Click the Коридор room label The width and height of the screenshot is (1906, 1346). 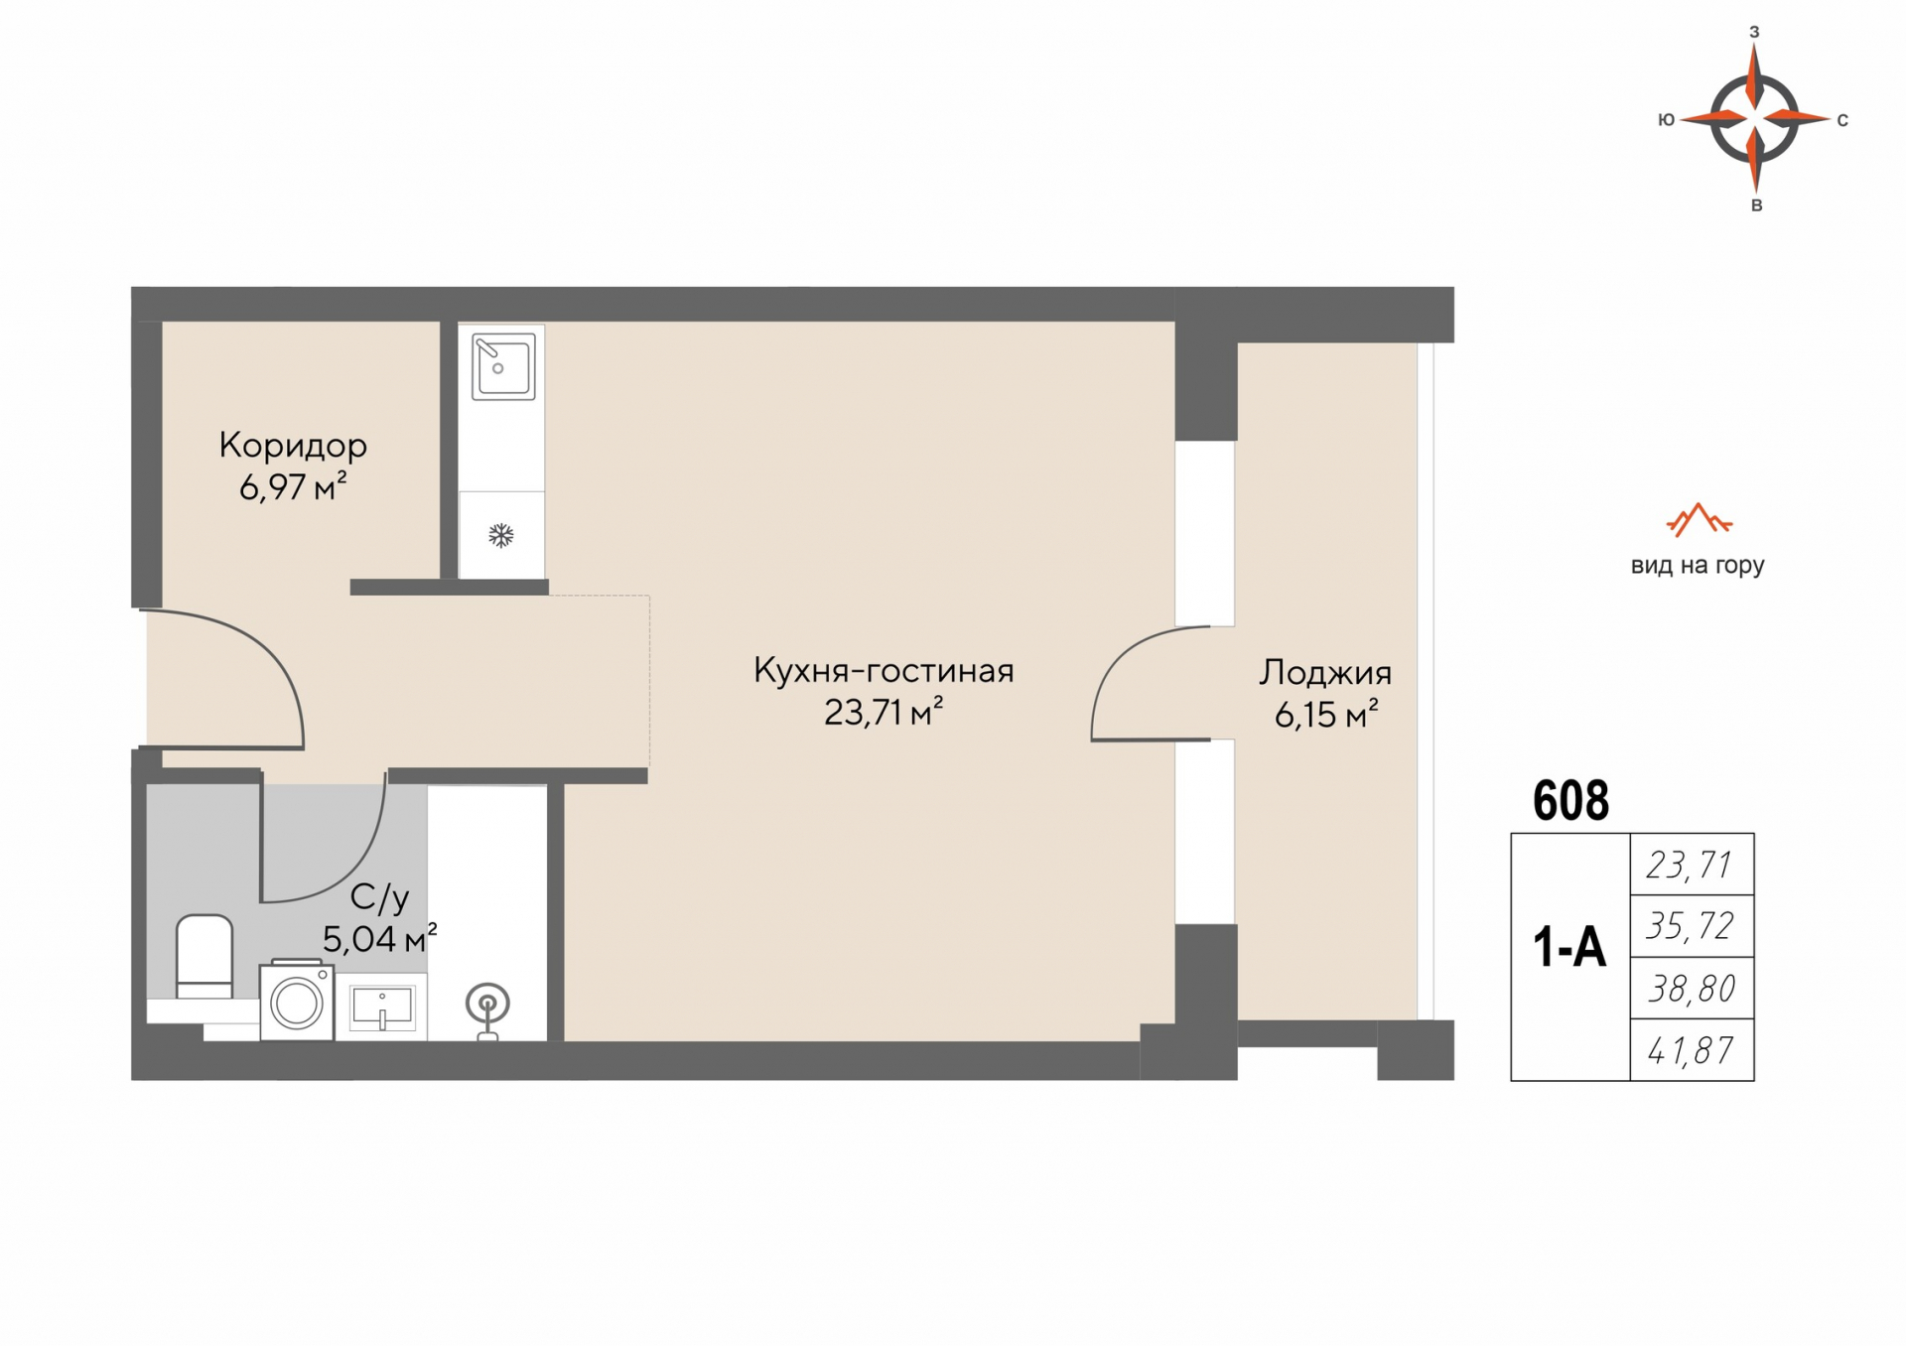click(x=293, y=445)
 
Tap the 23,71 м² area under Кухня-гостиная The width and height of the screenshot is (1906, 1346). click(x=883, y=712)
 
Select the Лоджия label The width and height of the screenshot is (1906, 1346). click(x=1325, y=673)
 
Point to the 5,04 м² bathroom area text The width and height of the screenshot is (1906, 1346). click(x=379, y=938)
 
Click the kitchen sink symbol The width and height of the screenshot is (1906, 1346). click(x=503, y=366)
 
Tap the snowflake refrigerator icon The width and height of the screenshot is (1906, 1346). click(x=501, y=536)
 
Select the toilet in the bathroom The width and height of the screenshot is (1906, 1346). click(x=204, y=957)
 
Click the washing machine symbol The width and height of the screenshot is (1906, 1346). click(x=297, y=1001)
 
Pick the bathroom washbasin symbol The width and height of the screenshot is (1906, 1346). click(x=382, y=1008)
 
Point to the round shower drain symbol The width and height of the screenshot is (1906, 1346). click(x=487, y=1005)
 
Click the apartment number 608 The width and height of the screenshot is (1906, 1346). click(x=1570, y=800)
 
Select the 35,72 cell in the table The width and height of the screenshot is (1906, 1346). click(x=1692, y=926)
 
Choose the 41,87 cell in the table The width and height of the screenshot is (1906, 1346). click(x=1692, y=1050)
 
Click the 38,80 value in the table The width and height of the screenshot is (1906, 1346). click(x=1692, y=989)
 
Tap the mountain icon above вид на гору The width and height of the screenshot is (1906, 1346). click(x=1699, y=519)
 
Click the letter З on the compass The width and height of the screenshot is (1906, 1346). click(x=1754, y=32)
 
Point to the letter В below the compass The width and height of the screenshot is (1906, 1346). click(x=1756, y=205)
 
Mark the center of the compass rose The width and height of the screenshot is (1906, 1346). click(x=1755, y=119)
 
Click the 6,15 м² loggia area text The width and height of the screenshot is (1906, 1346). click(x=1326, y=715)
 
